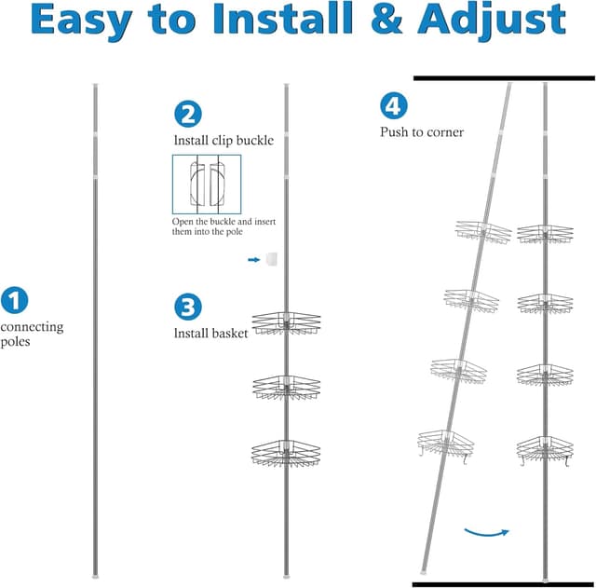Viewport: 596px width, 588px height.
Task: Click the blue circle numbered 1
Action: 14,300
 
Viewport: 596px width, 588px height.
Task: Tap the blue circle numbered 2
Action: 187,114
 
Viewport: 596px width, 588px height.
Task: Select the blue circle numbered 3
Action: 187,307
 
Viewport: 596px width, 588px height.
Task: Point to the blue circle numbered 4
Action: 393,106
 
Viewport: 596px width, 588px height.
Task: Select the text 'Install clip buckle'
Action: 223,141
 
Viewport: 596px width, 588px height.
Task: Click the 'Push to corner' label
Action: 421,132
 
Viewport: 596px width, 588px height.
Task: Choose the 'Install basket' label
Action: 210,333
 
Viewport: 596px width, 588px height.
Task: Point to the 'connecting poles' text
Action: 32,334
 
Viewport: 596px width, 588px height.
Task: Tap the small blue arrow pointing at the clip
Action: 253,260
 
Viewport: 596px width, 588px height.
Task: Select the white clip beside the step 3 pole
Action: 270,259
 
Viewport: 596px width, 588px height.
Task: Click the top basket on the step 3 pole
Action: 286,322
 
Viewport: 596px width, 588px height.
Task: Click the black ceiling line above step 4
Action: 503,78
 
